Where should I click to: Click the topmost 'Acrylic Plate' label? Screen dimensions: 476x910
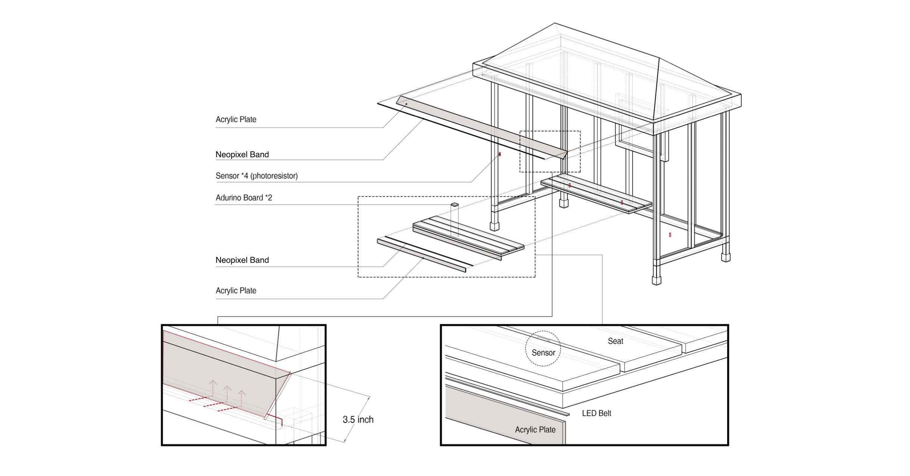(236, 120)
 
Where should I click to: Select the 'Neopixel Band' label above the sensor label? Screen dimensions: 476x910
(242, 155)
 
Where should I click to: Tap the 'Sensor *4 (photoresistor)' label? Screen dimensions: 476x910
(256, 176)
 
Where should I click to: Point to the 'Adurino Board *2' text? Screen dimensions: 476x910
(244, 198)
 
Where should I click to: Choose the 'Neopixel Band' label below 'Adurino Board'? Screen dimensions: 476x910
(242, 260)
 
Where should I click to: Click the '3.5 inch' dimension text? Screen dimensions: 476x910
(358, 420)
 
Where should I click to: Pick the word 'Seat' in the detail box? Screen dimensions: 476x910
(615, 341)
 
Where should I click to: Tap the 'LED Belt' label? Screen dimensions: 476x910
(596, 413)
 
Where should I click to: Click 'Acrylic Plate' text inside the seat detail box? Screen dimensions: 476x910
(535, 430)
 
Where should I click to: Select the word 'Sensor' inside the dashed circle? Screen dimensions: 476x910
(543, 353)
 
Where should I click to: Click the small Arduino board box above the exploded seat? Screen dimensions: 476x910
(455, 205)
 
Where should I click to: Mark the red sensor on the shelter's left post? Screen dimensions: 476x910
(500, 154)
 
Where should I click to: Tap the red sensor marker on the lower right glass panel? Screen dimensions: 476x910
(670, 235)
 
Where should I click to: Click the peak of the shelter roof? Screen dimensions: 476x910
(555, 24)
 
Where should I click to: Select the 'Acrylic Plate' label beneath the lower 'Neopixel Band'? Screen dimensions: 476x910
(236, 291)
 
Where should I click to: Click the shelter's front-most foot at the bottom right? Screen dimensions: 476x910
(656, 280)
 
